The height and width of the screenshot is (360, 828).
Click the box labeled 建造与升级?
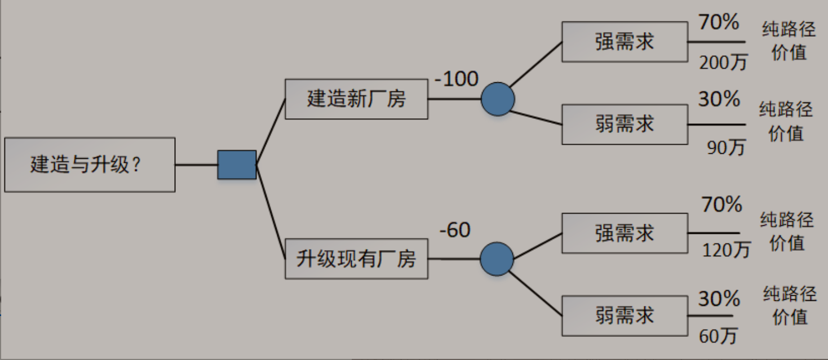pos(90,165)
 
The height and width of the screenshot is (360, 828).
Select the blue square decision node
pos(237,165)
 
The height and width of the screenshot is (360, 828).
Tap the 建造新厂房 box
pos(356,99)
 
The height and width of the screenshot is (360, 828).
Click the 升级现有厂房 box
pos(356,259)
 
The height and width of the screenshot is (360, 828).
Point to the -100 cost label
pos(456,79)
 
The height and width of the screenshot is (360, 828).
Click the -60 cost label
pos(455,230)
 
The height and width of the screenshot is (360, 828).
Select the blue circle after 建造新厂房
pos(498,99)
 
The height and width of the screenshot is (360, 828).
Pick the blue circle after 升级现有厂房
pos(497,259)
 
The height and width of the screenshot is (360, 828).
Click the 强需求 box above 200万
pos(625,42)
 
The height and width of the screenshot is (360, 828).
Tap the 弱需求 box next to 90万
pos(625,124)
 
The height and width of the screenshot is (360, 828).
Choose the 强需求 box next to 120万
pos(625,233)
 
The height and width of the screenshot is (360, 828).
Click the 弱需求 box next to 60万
pos(625,315)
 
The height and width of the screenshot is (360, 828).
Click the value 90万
pos(726,147)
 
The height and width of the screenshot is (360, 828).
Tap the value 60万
pos(718,336)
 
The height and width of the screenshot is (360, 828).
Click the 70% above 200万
pos(719,23)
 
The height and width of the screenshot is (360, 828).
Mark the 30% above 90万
pos(719,100)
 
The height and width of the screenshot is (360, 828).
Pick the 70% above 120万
pos(721,205)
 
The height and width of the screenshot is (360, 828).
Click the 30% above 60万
pos(719,299)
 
